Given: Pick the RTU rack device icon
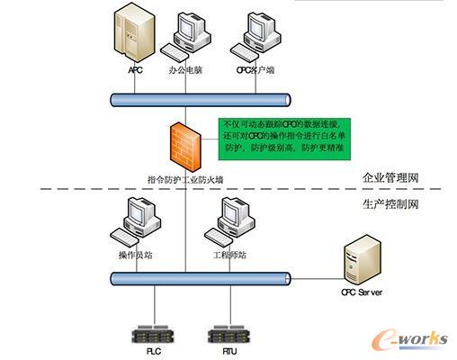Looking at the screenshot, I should point(227,335).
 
